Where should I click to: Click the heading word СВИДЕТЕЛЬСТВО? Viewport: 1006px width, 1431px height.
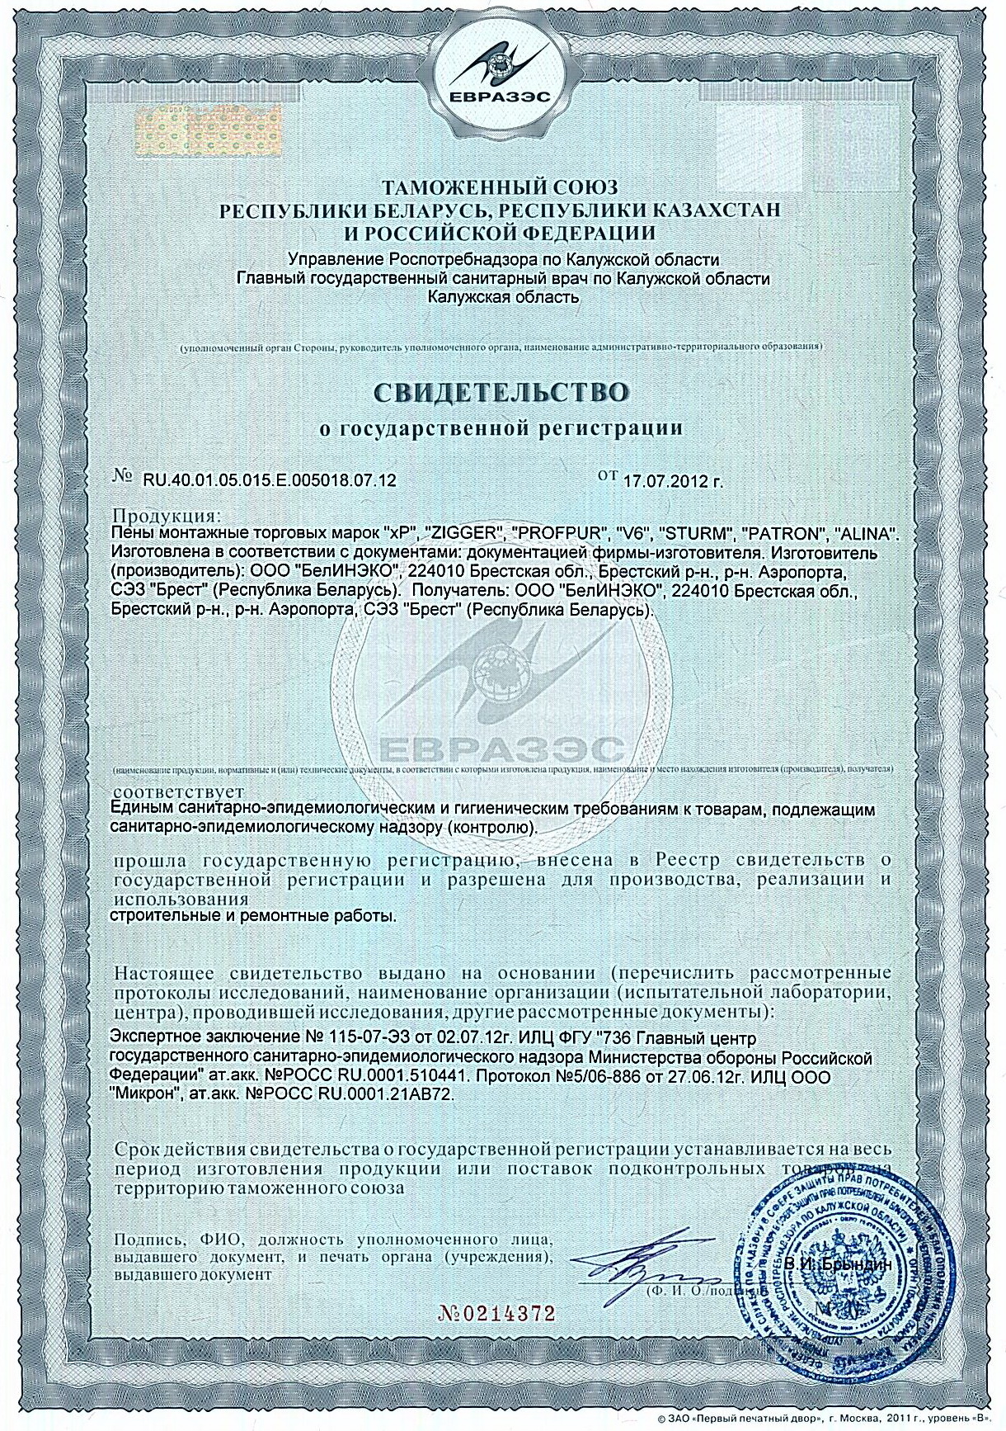pos(503,390)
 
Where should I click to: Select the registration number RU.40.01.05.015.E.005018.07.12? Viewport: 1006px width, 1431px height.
pos(270,479)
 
